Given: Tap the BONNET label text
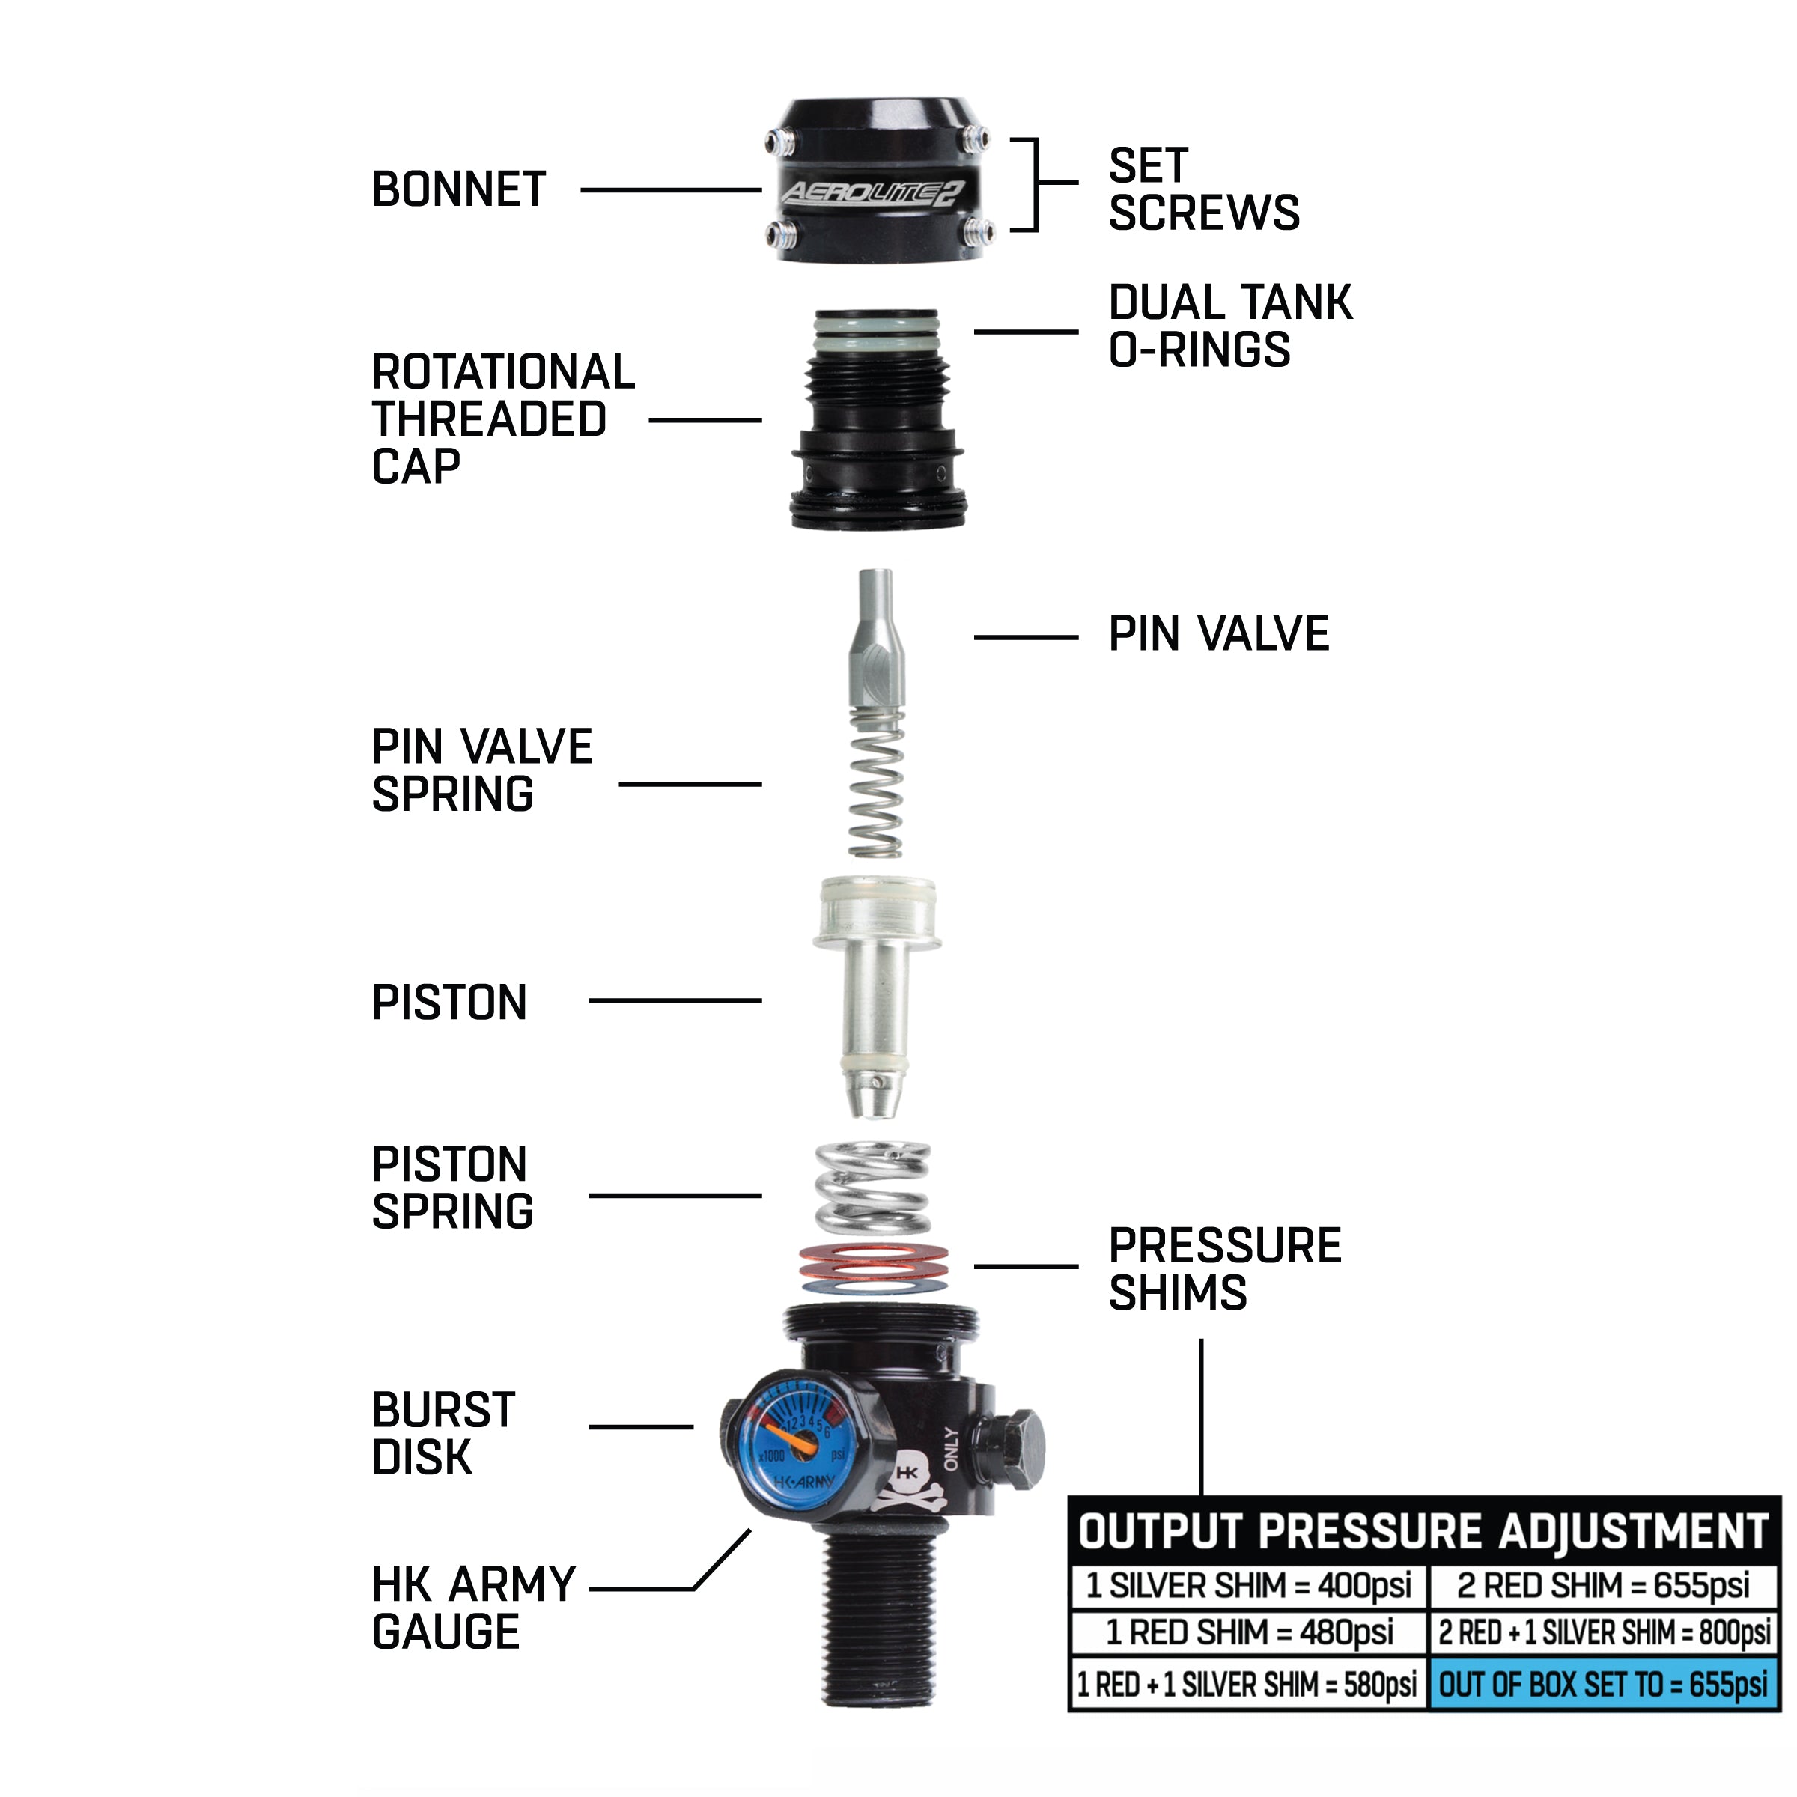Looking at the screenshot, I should (x=458, y=189).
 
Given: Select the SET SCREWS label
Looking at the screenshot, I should (x=1202, y=189).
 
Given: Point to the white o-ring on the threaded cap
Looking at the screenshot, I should (x=875, y=341).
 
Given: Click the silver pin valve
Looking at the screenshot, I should (x=875, y=642).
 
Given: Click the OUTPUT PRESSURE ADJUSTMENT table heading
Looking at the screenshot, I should (x=1423, y=1532).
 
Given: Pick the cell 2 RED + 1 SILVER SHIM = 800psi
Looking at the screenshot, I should (x=1602, y=1633).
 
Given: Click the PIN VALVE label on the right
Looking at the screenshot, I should (x=1217, y=634).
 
